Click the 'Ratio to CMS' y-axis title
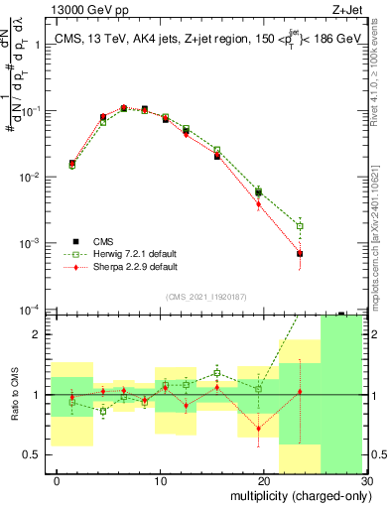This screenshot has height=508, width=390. pos(14,395)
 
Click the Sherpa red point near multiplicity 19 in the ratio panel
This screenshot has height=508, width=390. pos(259,429)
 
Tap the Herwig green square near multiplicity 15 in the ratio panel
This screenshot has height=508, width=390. pos(217,373)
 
